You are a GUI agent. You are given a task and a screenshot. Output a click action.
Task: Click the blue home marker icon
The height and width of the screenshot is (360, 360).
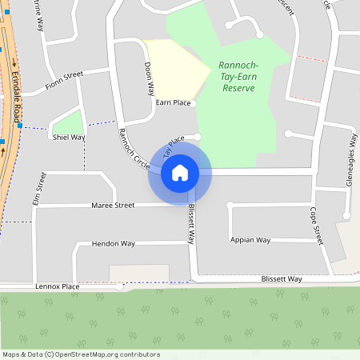pyautogui.click(x=179, y=173)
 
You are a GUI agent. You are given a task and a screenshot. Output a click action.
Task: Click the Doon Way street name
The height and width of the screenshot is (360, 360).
pyautogui.click(x=149, y=79)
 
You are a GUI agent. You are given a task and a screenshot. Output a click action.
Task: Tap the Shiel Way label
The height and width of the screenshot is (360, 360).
pyautogui.click(x=69, y=137)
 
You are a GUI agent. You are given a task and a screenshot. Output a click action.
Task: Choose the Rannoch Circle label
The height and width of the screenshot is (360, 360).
pyautogui.click(x=134, y=148)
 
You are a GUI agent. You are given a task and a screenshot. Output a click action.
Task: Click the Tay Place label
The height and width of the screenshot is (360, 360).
pyautogui.click(x=174, y=146)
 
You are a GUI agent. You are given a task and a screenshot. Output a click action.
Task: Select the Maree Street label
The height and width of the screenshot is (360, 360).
pyautogui.click(x=113, y=206)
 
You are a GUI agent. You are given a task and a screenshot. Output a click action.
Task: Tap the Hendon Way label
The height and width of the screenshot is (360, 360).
pyautogui.click(x=114, y=243)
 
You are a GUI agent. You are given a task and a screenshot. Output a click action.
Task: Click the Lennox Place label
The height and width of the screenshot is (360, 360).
pyautogui.click(x=58, y=286)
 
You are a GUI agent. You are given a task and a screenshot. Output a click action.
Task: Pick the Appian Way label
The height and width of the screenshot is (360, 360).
pyautogui.click(x=250, y=240)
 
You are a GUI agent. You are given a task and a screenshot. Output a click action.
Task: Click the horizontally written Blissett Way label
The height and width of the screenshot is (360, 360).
pyautogui.click(x=282, y=279)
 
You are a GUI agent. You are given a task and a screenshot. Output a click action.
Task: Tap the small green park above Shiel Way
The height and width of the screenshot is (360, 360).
pyautogui.click(x=67, y=121)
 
